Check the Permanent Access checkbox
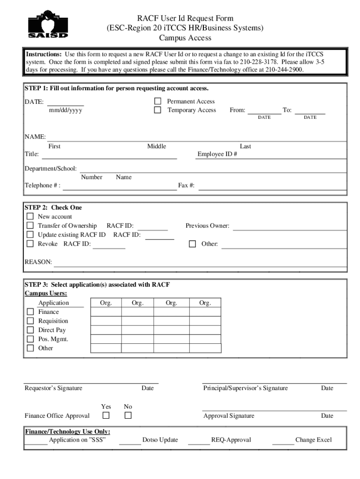(x=158, y=101)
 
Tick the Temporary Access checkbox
(x=158, y=110)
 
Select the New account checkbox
(x=30, y=217)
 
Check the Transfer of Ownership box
(x=30, y=225)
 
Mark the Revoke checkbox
(x=30, y=244)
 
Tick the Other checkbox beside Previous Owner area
(x=192, y=244)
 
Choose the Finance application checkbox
(x=30, y=312)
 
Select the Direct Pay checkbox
(x=30, y=330)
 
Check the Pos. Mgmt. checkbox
(x=30, y=339)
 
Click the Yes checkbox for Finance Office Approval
(x=106, y=415)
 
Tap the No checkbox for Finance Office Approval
(x=128, y=415)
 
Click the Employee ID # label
(x=217, y=155)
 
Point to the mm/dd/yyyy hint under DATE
(x=65, y=110)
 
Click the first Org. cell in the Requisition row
(x=106, y=321)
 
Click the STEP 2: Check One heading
(x=53, y=207)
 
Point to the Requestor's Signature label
(x=53, y=388)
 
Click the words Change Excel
(x=313, y=440)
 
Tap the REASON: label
(x=38, y=262)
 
